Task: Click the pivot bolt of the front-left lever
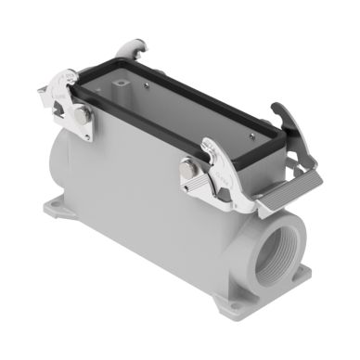(x=82, y=114)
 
